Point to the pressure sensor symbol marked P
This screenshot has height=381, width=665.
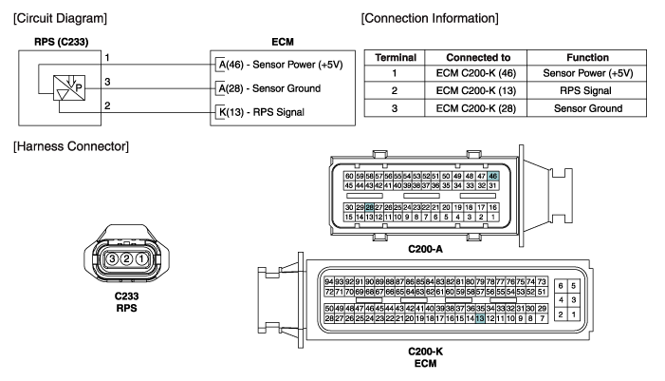67,87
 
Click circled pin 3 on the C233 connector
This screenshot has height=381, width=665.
112,258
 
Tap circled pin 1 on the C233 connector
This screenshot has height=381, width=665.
141,258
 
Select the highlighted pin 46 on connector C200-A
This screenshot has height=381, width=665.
492,176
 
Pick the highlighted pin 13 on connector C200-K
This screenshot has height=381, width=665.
480,318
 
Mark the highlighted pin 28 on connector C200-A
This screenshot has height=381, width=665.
369,207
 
